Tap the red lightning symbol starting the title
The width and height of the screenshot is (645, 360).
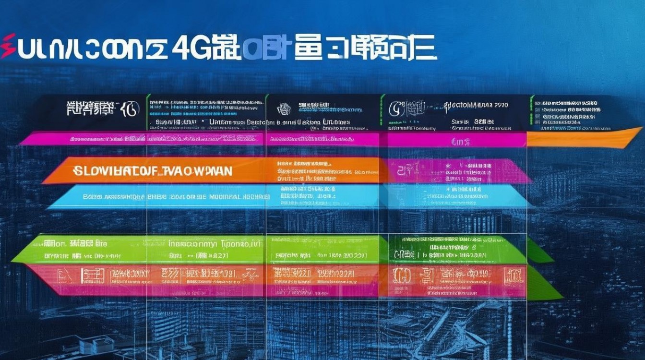coord(8,47)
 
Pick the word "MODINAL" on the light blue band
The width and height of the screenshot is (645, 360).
coord(224,197)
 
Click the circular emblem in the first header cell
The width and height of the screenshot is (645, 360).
coord(130,109)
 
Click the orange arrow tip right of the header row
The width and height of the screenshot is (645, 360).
coord(624,136)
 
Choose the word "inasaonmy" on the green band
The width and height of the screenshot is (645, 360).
coord(192,244)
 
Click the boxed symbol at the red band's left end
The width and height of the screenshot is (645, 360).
coord(62,276)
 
